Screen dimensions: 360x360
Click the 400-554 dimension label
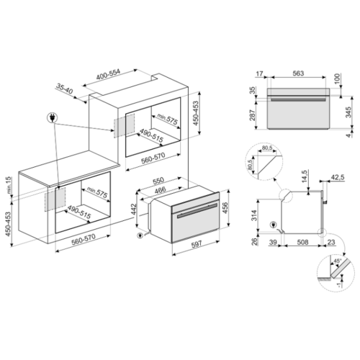point(108,74)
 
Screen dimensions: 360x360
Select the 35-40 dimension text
point(65,89)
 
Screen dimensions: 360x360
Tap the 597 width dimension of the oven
point(197,244)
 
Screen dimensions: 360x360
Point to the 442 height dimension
point(134,210)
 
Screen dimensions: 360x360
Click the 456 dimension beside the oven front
point(225,208)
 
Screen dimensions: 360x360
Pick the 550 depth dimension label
point(158,180)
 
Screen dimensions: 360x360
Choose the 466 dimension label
point(160,190)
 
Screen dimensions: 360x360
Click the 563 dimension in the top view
point(298,73)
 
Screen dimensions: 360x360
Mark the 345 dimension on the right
point(348,112)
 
